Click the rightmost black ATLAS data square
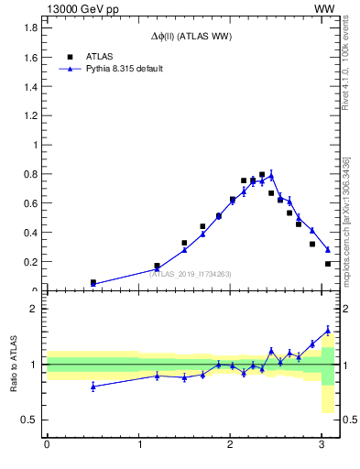[328, 264]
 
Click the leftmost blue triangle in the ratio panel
[93, 387]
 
